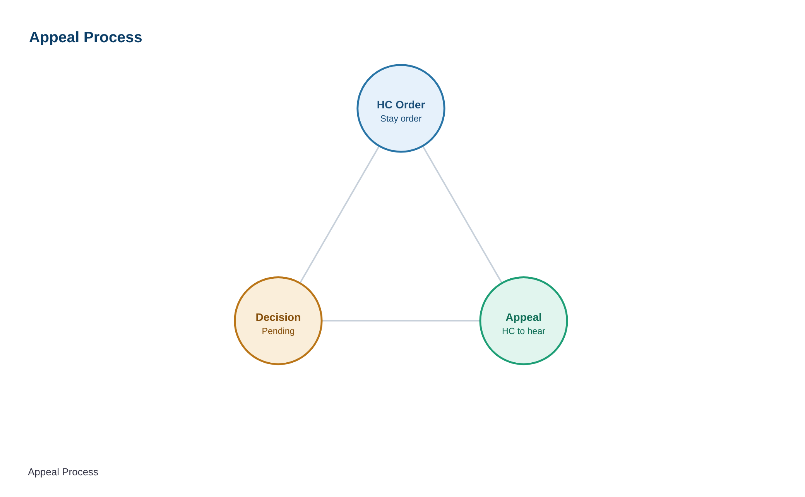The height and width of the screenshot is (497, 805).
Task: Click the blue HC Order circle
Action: tap(401, 108)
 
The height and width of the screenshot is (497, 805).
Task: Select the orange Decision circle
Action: tap(278, 321)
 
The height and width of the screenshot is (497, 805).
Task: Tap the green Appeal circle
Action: tap(524, 321)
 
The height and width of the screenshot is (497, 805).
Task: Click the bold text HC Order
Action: tap(401, 105)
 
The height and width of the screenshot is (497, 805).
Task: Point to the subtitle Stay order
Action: tap(401, 119)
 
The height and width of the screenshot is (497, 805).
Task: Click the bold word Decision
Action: tap(278, 317)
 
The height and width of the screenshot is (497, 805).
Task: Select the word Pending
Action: tap(278, 331)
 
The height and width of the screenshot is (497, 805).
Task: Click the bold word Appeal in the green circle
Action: tap(524, 318)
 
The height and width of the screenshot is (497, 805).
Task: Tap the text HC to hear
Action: tap(524, 331)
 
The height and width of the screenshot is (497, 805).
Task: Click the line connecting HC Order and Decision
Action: tap(339, 215)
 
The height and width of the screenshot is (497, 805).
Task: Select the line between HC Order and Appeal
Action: tap(462, 215)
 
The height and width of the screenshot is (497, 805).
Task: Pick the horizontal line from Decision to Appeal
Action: tap(401, 321)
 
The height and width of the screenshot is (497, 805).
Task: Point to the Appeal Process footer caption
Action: tap(63, 472)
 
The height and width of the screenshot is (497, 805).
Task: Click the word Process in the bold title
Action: tap(113, 38)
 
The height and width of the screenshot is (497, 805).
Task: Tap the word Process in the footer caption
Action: tap(80, 472)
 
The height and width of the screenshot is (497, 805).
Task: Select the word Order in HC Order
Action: tap(410, 105)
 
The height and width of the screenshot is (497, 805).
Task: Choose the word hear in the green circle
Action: tap(536, 331)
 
